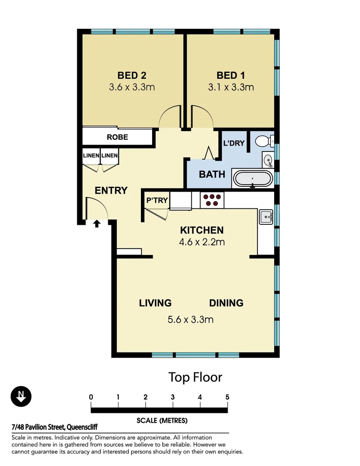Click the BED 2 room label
[132, 76]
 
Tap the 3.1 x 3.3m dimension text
[231, 87]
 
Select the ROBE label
[117, 137]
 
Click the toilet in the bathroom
[263, 141]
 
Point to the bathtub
[253, 178]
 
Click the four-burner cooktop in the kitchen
[212, 199]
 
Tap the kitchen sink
[265, 217]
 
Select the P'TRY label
[157, 200]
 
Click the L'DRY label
[234, 143]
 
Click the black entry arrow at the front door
[97, 223]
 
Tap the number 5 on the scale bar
[227, 397]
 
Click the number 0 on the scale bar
[91, 397]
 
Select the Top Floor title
[195, 377]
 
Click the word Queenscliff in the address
[82, 428]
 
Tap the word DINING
[226, 303]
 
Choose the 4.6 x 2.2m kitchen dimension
[202, 242]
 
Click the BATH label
[212, 174]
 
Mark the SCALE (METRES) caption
[162, 420]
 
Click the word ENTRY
[111, 190]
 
